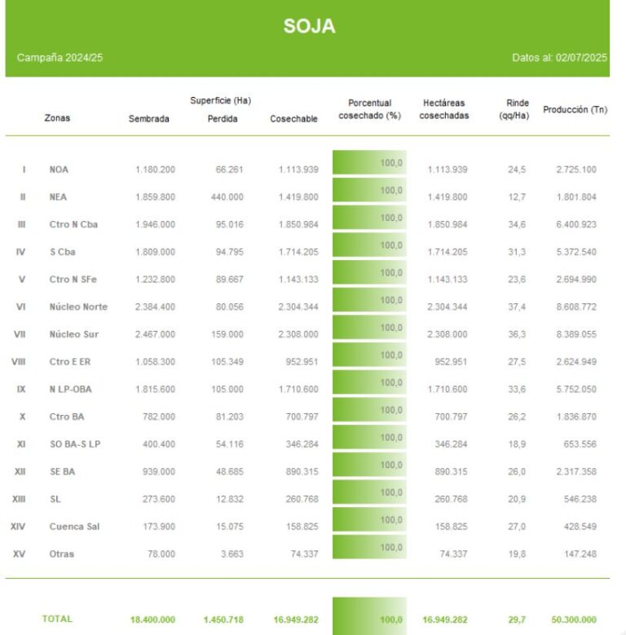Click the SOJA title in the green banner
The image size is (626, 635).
tap(309, 26)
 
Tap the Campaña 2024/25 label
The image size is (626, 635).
tap(60, 58)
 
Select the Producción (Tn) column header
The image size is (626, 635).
tap(575, 109)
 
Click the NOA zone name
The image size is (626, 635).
tap(59, 170)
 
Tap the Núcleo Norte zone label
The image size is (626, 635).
tap(78, 307)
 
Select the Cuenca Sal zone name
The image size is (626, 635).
tap(74, 527)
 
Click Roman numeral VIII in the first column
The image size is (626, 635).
tap(19, 362)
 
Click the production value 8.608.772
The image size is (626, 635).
tap(575, 307)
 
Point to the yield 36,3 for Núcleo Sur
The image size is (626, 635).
tap(517, 334)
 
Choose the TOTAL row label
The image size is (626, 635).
tap(57, 620)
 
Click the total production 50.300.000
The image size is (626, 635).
tap(574, 620)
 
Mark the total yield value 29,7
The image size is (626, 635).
tap(517, 620)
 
